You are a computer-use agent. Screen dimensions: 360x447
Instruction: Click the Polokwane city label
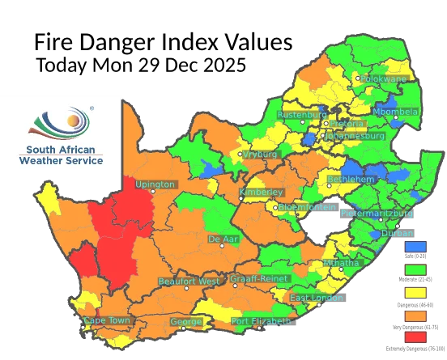pos(385,80)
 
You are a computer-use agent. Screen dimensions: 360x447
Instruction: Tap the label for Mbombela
pos(396,112)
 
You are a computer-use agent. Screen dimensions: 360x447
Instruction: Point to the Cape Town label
pos(106,321)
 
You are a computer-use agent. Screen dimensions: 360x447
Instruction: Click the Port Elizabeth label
pos(261,321)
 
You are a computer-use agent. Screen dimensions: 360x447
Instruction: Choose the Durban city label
pos(397,233)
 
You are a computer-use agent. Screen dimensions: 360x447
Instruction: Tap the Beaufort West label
pos(188,281)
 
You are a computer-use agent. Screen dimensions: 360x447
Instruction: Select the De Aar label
pos(223,239)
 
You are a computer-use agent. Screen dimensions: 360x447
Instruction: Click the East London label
pos(317,299)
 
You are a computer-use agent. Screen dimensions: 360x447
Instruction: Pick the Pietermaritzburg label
pos(377,214)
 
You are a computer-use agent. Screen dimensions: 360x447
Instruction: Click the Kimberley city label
pos(262,192)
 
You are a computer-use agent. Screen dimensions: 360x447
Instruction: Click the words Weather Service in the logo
pos(61,161)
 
